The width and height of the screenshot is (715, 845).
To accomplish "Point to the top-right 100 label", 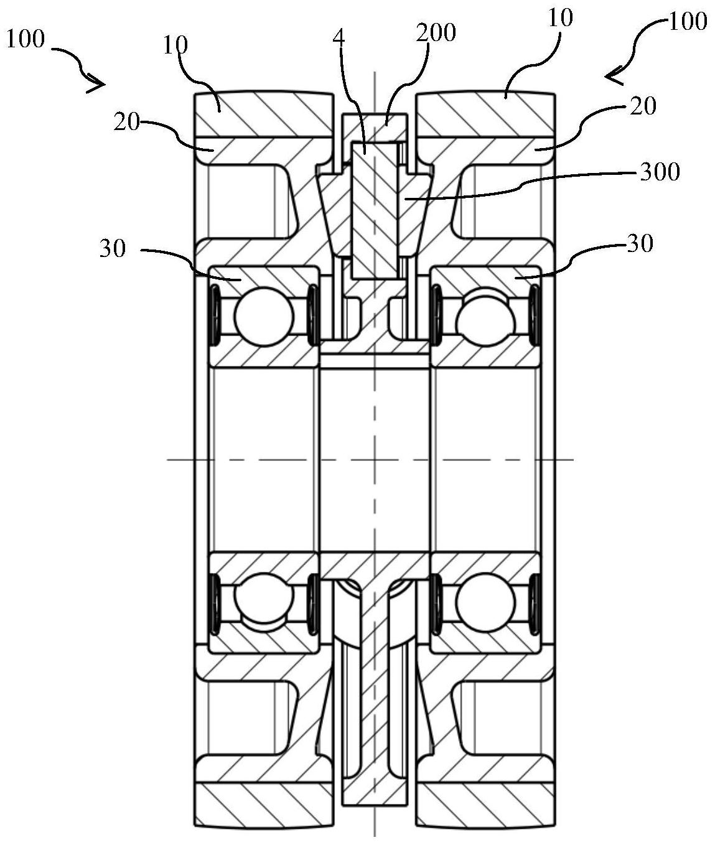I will pyautogui.click(x=687, y=22).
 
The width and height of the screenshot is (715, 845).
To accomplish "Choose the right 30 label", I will pyautogui.click(x=640, y=243).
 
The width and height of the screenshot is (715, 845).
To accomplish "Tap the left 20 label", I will pyautogui.click(x=126, y=123).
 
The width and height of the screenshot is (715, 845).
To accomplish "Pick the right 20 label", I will pyautogui.click(x=642, y=106).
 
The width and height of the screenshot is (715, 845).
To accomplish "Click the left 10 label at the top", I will pyautogui.click(x=177, y=45).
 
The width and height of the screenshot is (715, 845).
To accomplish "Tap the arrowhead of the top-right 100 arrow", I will pyautogui.click(x=611, y=76).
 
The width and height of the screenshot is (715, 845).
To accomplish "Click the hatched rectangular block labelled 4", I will pyautogui.click(x=373, y=208).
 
